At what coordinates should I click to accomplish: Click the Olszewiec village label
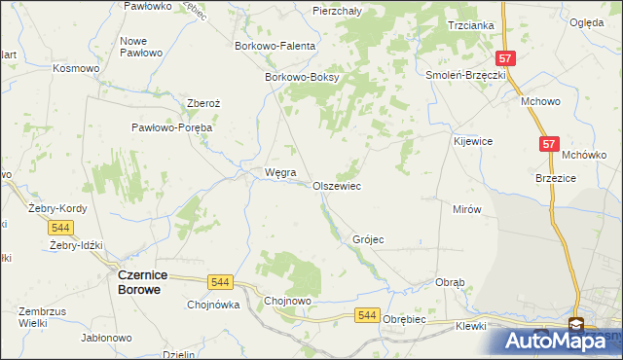click(x=337, y=186)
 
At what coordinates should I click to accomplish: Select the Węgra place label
click(x=280, y=173)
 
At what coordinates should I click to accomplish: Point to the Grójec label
click(x=368, y=239)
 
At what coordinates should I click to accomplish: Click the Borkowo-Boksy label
click(x=301, y=78)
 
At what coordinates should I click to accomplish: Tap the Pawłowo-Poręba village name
click(x=172, y=127)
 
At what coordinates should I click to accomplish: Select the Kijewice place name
click(x=473, y=141)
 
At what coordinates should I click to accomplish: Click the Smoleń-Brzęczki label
click(x=465, y=75)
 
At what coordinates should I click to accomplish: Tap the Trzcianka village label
click(x=471, y=25)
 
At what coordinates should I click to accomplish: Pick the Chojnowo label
click(x=287, y=302)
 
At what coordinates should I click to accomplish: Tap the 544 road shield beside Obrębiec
click(x=367, y=315)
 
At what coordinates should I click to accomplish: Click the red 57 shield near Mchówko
click(x=550, y=144)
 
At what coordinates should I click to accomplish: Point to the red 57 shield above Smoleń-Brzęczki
click(x=504, y=58)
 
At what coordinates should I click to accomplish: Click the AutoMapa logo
click(x=562, y=340)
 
